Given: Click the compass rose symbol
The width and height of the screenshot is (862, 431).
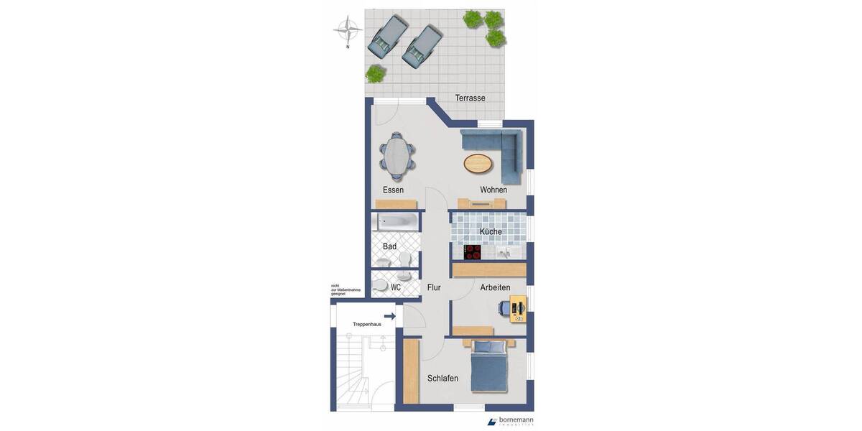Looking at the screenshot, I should click(x=348, y=29).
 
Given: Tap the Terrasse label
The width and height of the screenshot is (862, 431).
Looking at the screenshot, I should click(x=470, y=98).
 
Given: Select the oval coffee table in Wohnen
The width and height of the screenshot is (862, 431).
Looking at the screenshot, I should click(x=478, y=164).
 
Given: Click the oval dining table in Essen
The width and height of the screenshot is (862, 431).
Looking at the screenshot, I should click(x=397, y=156).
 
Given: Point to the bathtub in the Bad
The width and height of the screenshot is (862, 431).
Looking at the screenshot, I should click(x=394, y=222).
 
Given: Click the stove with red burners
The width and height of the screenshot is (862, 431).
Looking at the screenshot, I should click(x=473, y=251).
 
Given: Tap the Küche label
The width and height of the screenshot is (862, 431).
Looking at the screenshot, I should click(x=491, y=231).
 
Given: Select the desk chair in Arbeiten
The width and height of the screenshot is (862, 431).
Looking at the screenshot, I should click(x=503, y=309).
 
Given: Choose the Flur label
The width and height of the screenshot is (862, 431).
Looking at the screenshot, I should click(x=434, y=287).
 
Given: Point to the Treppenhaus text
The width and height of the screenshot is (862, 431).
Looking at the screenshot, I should click(x=366, y=325).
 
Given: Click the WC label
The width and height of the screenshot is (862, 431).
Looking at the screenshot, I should click(x=395, y=287).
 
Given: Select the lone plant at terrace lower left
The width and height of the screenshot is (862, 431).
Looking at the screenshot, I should click(x=375, y=73).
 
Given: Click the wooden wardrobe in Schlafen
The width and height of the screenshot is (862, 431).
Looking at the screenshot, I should click(x=411, y=371).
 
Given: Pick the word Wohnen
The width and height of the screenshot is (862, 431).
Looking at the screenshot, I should click(x=493, y=190).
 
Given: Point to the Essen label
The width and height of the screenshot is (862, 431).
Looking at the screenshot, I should click(x=393, y=190).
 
